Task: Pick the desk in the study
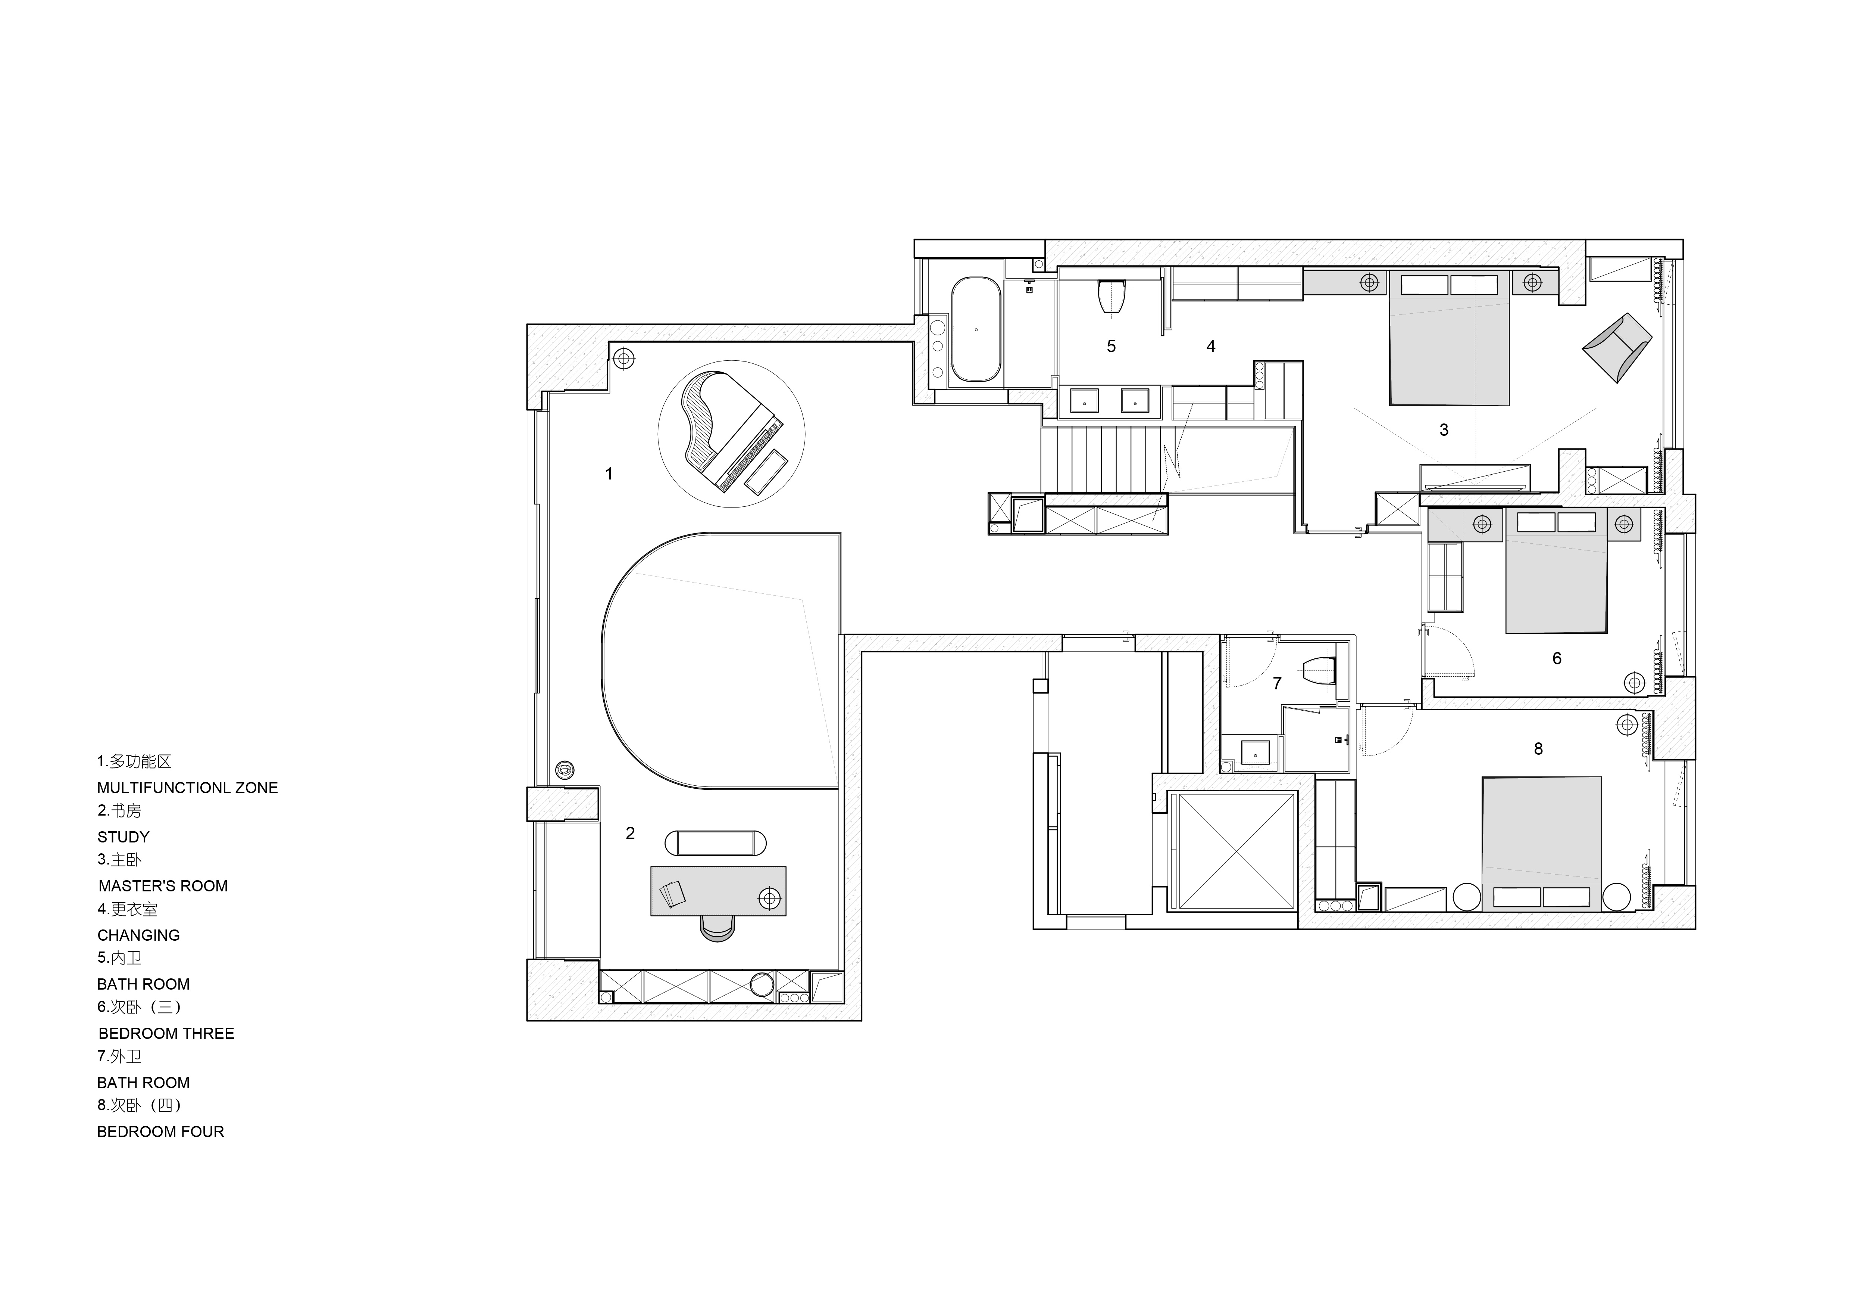(x=717, y=891)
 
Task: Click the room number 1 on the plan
(x=609, y=474)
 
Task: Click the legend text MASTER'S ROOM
(x=163, y=886)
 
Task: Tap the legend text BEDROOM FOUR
(x=160, y=1132)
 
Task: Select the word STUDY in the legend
(x=123, y=836)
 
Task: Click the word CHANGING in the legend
(x=139, y=935)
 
